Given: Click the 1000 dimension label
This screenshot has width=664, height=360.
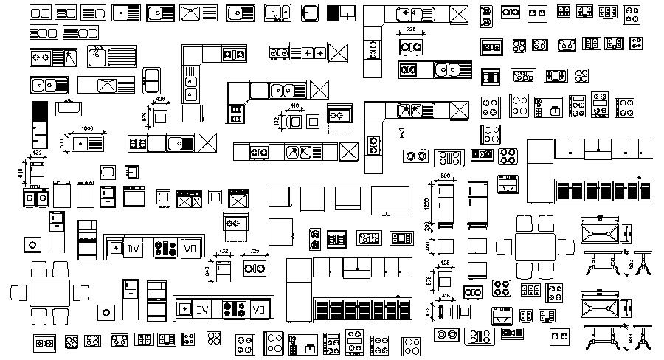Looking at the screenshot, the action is click(x=86, y=128).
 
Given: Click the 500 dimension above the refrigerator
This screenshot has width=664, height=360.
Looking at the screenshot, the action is click(x=445, y=176).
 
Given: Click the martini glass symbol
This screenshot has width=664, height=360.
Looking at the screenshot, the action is click(x=401, y=133).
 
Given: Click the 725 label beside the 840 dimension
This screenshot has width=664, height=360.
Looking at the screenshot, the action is click(x=255, y=252).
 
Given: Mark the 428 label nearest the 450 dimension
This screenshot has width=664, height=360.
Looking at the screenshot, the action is click(x=445, y=263).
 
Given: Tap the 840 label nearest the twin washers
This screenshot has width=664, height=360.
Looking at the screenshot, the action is click(x=21, y=172).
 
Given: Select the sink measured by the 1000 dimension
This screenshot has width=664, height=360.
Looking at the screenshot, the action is click(x=87, y=142).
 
